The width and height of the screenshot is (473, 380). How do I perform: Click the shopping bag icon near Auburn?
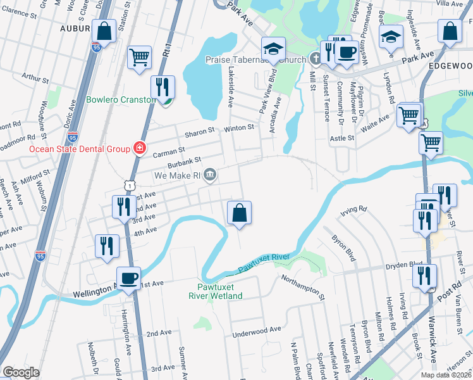point(104,30)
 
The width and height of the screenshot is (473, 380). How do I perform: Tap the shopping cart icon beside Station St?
point(139,57)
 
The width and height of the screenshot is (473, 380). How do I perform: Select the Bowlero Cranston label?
point(120,100)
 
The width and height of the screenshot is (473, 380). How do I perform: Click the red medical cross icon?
point(139,149)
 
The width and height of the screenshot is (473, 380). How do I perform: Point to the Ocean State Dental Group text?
point(80,149)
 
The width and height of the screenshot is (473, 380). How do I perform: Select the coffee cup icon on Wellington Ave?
point(129,278)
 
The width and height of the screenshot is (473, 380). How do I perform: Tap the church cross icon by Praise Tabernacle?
point(316,59)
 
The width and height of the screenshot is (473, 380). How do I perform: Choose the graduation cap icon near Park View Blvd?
point(274,48)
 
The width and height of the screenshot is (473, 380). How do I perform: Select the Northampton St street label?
point(302,287)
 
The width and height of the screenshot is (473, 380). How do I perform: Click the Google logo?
point(21,372)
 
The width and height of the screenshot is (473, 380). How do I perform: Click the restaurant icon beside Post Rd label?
point(424,276)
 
